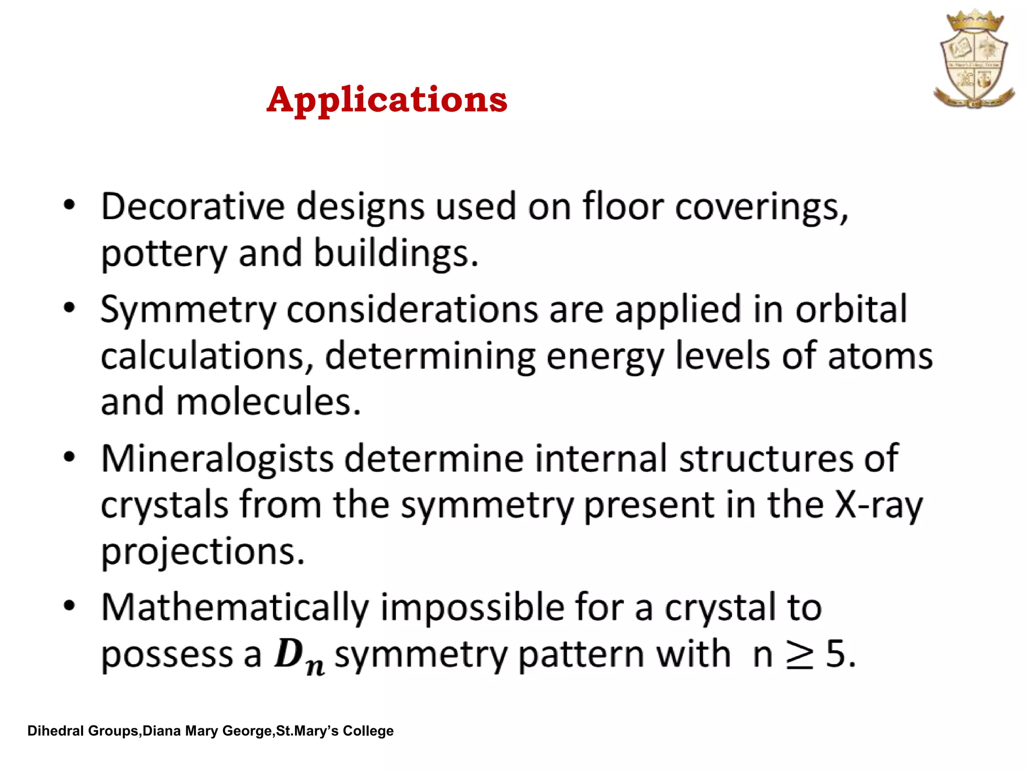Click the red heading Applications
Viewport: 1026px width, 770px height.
387,100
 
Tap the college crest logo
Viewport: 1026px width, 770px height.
974,59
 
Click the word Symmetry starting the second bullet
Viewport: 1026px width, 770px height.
188,310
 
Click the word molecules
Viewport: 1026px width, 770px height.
268,402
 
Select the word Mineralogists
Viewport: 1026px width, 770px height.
217,459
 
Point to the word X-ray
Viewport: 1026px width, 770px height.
878,505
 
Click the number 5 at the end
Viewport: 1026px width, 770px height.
835,654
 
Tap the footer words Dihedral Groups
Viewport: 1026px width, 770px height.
83,731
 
